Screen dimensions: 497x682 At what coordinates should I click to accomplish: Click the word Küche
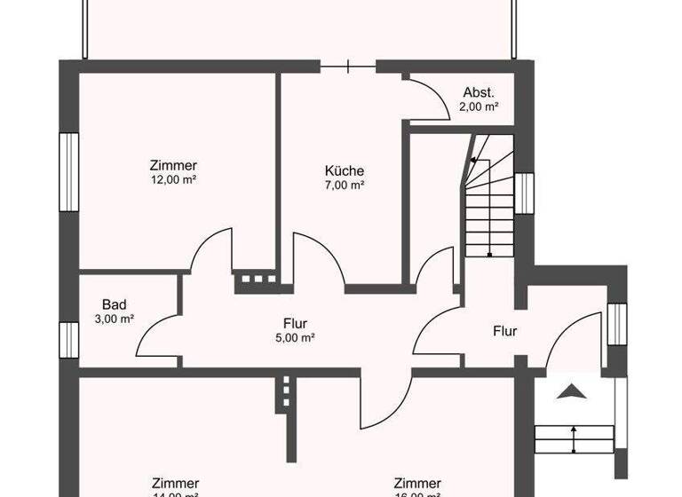pyautogui.click(x=345, y=171)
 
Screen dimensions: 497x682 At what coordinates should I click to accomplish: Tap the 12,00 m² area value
pyautogui.click(x=173, y=179)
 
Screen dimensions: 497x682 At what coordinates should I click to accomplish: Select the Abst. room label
pyautogui.click(x=479, y=92)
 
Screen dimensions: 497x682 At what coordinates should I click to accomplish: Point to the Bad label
pyautogui.click(x=114, y=304)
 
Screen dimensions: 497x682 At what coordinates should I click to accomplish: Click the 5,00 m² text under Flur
pyautogui.click(x=295, y=338)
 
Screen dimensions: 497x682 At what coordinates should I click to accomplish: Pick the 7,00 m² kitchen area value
pyautogui.click(x=345, y=185)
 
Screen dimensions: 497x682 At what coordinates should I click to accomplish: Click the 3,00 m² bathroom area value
pyautogui.click(x=114, y=319)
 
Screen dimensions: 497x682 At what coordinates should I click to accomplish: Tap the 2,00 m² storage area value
pyautogui.click(x=479, y=106)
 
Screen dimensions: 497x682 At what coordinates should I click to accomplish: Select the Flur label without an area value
pyautogui.click(x=505, y=332)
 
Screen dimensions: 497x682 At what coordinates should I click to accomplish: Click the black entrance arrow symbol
pyautogui.click(x=573, y=390)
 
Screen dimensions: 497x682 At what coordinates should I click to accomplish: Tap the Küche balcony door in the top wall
pyautogui.click(x=348, y=65)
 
